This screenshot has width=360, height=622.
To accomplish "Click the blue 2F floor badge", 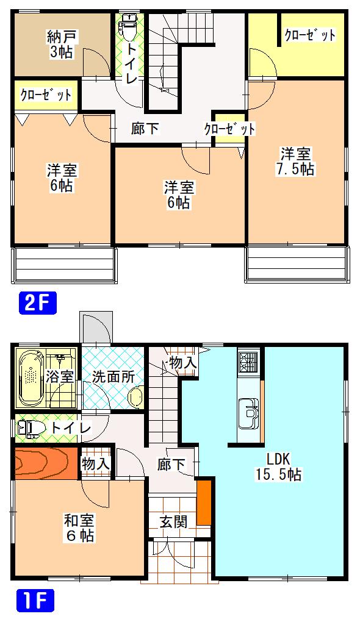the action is point(38,303).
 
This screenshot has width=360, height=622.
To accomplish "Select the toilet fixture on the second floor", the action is point(129,27).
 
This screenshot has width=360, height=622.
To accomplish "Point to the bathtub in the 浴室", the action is point(31,378).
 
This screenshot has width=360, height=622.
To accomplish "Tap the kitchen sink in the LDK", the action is point(250,413).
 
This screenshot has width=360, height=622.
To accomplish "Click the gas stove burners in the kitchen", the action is point(248,362).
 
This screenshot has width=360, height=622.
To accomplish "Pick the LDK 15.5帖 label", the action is point(278,467).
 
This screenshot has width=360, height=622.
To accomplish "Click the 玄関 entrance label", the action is point(173,521).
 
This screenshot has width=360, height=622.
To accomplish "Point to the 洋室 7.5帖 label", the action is point(295,161).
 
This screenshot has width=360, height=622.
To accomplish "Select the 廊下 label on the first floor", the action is point(171,465).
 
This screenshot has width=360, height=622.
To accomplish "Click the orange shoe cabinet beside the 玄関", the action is point(204,502).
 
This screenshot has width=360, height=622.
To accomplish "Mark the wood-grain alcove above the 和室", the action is point(46,463).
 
